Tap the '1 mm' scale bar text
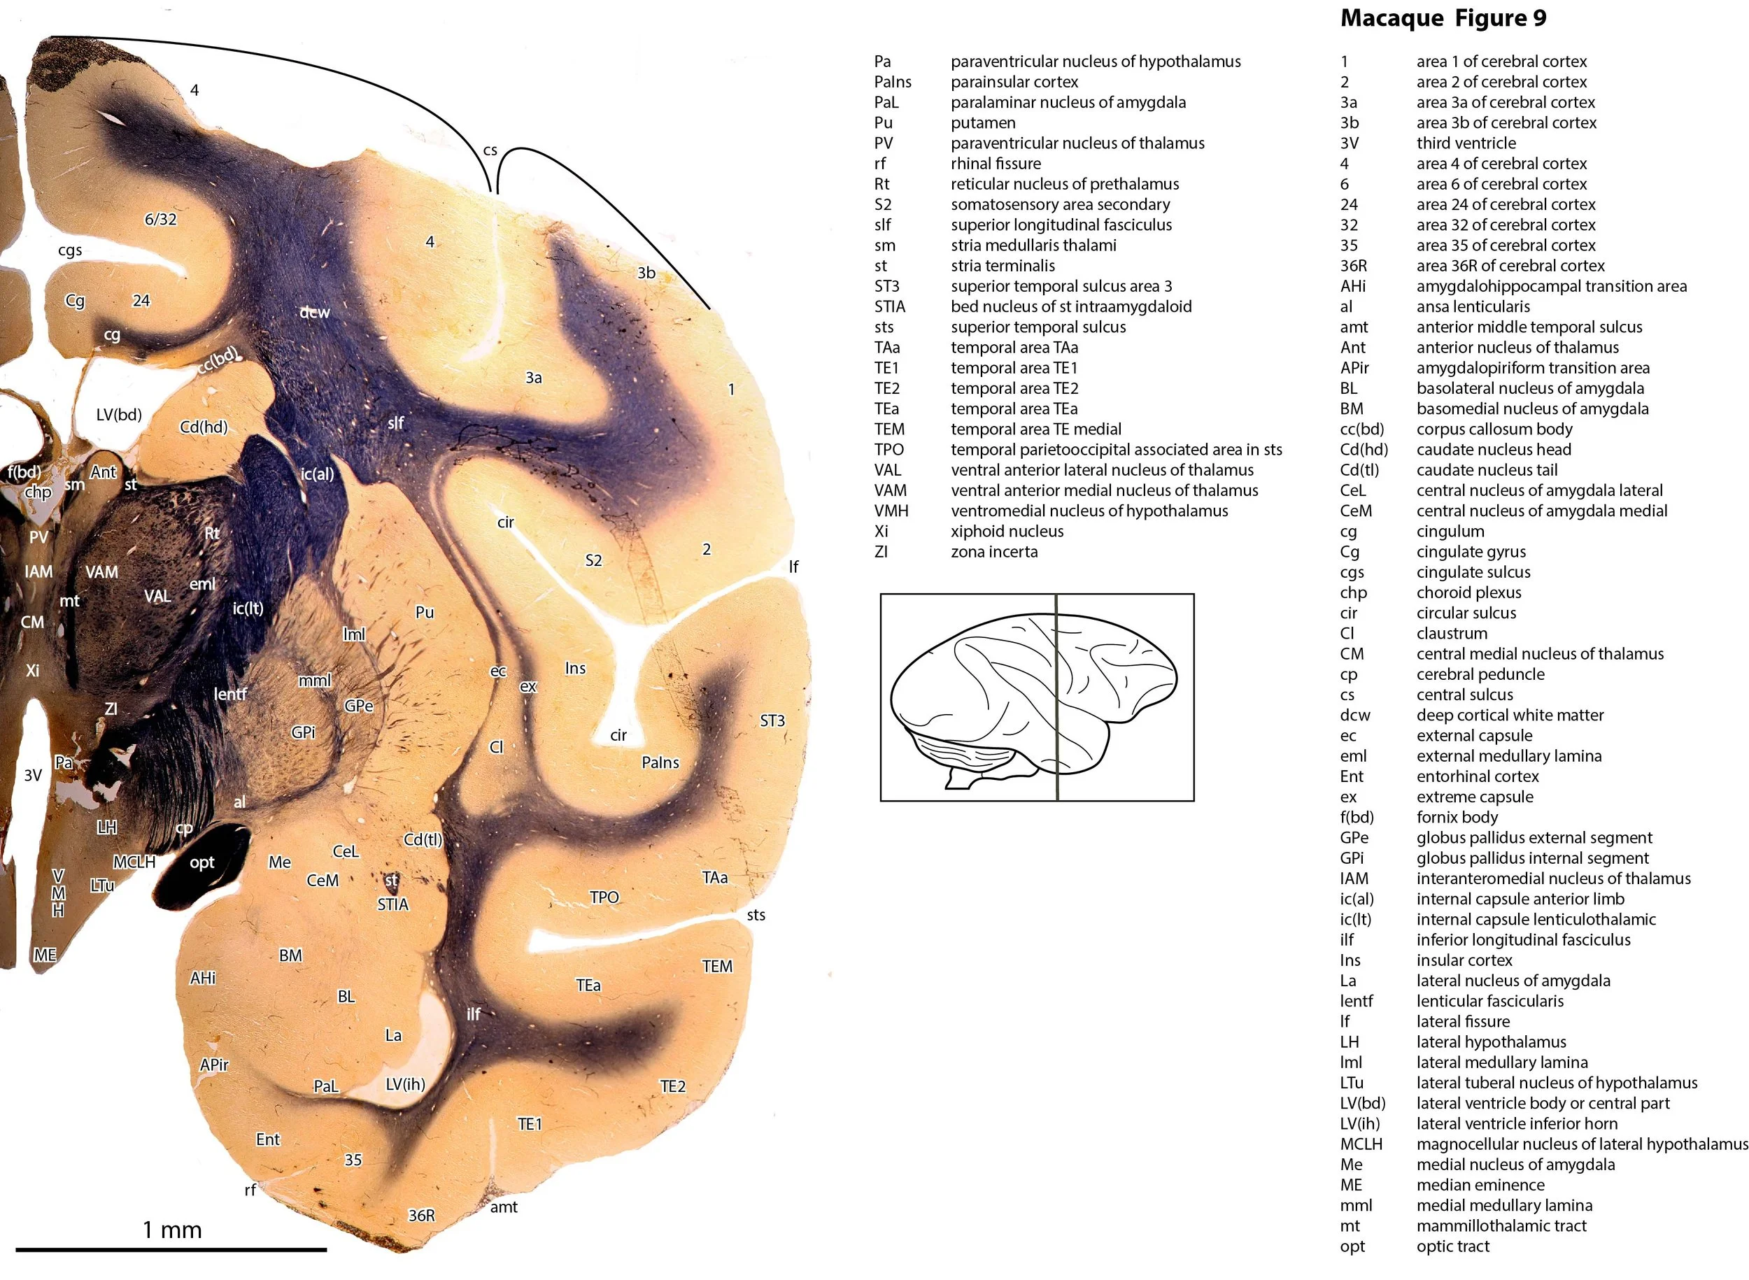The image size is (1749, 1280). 172,1230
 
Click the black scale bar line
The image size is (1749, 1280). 171,1249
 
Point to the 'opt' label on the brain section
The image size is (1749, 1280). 201,862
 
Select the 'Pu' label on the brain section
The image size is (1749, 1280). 424,612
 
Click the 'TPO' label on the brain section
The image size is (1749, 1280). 604,897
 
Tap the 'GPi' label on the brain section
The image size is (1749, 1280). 303,732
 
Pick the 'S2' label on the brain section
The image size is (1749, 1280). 593,560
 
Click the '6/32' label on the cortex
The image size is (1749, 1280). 160,219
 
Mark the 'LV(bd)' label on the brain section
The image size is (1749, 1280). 118,415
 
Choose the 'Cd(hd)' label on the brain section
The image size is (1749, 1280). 203,427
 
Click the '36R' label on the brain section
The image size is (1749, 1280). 422,1215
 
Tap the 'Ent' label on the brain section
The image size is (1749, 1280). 267,1139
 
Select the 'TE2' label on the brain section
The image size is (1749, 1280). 672,1086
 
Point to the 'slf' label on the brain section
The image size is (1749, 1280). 395,423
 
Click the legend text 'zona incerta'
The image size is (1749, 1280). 993,552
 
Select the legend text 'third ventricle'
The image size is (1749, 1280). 1466,143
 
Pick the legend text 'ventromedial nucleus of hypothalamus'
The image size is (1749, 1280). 1089,511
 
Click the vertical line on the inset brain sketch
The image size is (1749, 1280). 1057,697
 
